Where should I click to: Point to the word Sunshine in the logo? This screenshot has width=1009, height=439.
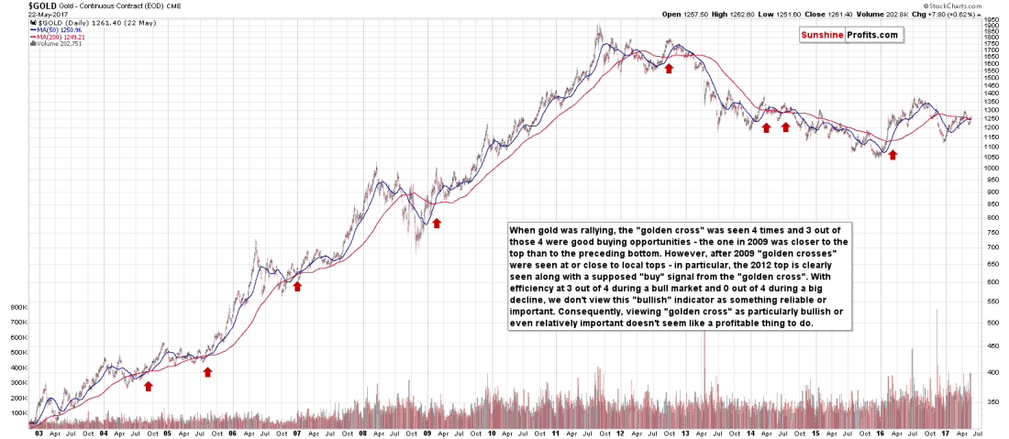(x=822, y=35)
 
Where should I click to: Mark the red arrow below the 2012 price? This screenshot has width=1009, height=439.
(x=669, y=68)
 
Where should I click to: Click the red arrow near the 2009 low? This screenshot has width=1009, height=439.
(x=437, y=223)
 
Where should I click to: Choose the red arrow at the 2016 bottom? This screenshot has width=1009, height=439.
(x=892, y=155)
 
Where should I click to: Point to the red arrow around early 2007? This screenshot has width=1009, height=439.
(x=296, y=286)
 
